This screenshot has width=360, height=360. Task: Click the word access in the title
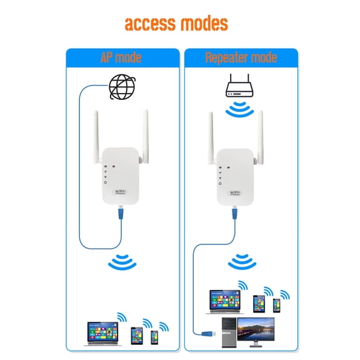click(x=148, y=24)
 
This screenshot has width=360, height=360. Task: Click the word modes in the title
click(x=202, y=24)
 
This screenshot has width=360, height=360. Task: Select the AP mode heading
click(x=121, y=58)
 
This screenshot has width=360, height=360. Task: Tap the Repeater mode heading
click(x=241, y=58)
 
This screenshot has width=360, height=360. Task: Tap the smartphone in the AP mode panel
click(x=154, y=337)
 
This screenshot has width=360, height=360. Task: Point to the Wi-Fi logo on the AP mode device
click(x=120, y=192)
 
